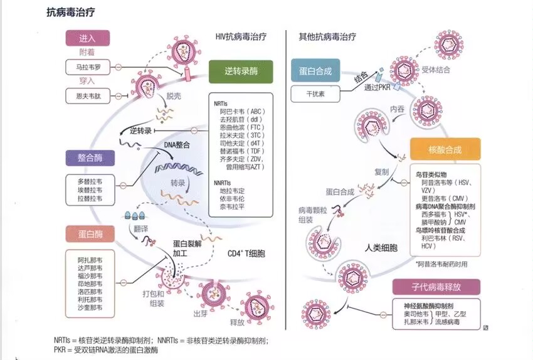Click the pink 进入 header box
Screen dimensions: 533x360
tap(88, 38)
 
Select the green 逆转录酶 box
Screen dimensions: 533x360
tap(241, 71)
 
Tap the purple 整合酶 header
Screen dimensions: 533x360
tap(90, 157)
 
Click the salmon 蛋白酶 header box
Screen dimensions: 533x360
tap(90, 234)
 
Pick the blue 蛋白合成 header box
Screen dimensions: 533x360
tap(315, 70)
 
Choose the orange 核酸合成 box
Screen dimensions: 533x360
tap(445, 149)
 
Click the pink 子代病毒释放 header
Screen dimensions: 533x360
tap(436, 287)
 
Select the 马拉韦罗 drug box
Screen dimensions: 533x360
tap(88, 67)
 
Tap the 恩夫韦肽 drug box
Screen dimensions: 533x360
tap(88, 96)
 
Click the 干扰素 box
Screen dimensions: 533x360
tap(315, 94)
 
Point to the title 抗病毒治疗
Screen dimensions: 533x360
tap(71, 13)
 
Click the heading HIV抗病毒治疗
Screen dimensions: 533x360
tap(241, 37)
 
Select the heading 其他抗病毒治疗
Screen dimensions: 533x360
tap(327, 37)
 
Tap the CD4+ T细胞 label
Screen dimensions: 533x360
tap(246, 253)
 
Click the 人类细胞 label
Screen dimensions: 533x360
tap(381, 248)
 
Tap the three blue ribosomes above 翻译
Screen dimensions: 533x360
tap(135, 215)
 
